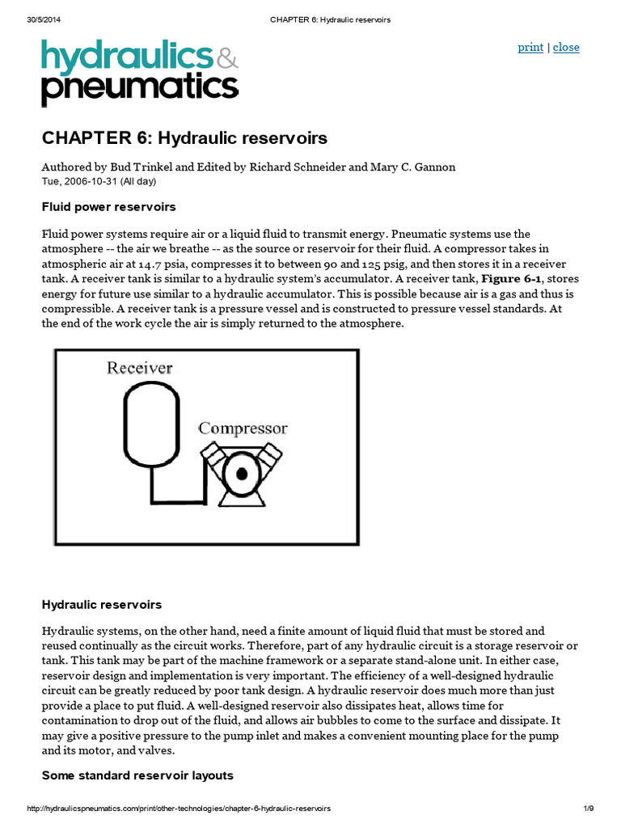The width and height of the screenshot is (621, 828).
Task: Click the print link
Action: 530,47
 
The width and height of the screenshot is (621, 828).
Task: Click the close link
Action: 566,47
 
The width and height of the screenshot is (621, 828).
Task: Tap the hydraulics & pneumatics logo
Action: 140,73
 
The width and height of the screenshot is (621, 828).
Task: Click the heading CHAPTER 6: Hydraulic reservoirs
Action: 184,138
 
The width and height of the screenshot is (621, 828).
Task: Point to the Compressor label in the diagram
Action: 243,429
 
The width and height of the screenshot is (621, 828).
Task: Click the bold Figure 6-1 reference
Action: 512,279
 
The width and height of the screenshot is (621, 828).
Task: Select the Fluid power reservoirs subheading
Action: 108,207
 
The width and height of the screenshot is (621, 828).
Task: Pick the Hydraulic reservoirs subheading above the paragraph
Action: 102,604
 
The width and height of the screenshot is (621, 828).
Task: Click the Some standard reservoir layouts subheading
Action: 137,775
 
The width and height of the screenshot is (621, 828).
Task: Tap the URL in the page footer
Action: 179,809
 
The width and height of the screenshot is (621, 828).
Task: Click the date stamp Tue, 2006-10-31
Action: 99,181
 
